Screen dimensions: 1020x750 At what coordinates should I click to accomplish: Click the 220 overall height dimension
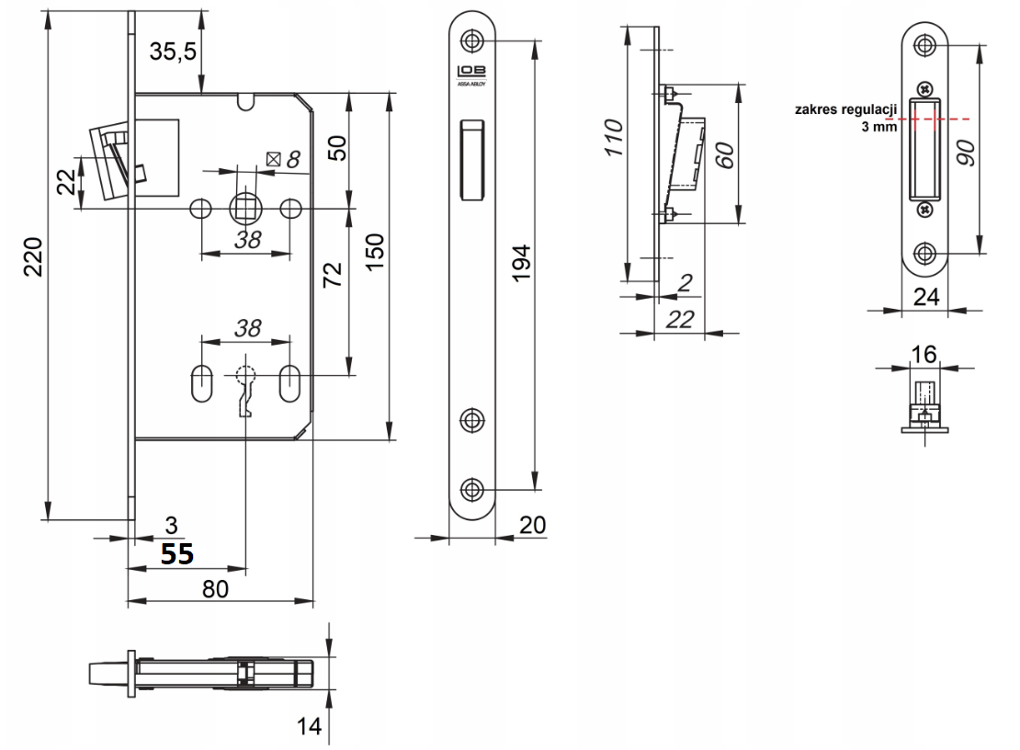click(x=33, y=257)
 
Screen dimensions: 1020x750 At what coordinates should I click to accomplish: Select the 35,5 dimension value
click(x=173, y=51)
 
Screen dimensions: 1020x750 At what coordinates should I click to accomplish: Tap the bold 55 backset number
click(x=177, y=553)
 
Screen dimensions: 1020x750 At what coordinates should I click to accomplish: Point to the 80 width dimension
click(x=215, y=588)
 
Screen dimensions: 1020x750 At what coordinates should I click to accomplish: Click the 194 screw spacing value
click(x=521, y=263)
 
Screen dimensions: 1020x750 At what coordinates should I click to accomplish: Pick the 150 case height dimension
click(x=375, y=252)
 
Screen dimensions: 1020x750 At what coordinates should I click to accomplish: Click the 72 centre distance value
click(x=332, y=275)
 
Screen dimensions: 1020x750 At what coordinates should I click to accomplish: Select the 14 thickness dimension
click(x=309, y=726)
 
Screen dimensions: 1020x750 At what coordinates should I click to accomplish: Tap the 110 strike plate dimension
click(x=614, y=137)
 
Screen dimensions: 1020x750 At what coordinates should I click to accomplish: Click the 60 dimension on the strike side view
click(x=725, y=154)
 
